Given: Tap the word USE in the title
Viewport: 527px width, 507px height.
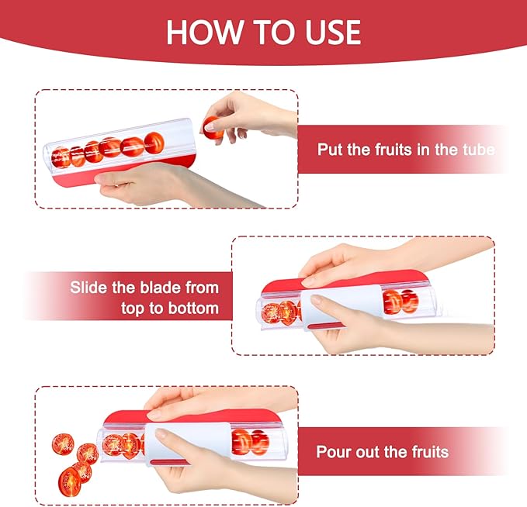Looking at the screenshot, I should (x=328, y=32).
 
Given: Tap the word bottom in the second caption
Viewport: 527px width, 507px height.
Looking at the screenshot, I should (x=193, y=309).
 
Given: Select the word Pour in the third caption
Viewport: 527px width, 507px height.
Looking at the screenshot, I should (x=333, y=451).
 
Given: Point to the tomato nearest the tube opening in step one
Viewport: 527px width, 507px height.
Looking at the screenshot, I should (x=154, y=142).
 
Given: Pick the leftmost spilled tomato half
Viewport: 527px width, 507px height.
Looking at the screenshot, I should (x=63, y=445).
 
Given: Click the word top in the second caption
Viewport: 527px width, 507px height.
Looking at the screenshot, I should (x=134, y=309).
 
